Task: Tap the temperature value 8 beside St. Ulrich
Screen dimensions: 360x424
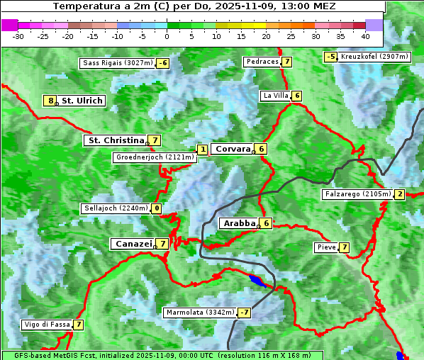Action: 50,101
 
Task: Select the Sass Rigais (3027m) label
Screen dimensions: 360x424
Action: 118,63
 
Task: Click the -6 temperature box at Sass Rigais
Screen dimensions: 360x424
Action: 163,63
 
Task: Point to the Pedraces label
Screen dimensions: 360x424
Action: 262,62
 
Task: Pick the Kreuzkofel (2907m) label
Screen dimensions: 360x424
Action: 374,56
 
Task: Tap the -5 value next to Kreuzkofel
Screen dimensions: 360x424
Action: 330,56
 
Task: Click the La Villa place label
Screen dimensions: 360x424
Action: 275,96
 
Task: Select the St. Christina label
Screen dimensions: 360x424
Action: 116,140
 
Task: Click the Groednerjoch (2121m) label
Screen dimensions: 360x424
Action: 155,157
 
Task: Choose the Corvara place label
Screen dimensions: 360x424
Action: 233,149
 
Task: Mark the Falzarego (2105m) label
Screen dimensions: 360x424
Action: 357,194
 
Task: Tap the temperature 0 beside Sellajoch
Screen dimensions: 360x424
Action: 156,208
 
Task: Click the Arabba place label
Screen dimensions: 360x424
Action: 239,223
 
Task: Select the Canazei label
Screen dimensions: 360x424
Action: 133,243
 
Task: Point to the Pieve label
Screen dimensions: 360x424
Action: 326,247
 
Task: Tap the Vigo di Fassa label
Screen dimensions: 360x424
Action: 48,325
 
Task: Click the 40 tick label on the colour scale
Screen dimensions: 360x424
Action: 365,36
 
